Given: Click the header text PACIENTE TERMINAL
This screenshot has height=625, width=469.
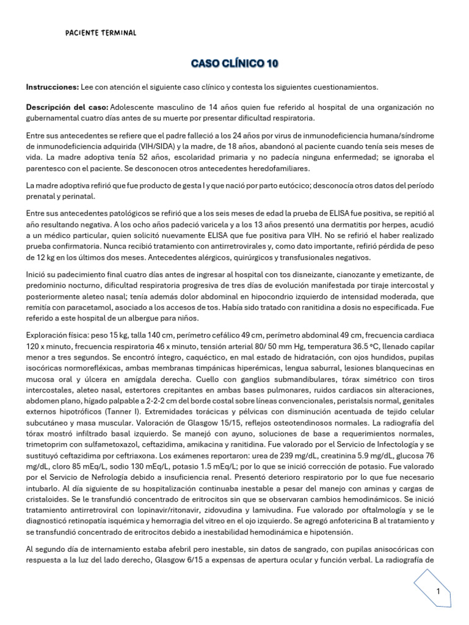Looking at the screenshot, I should (101, 32).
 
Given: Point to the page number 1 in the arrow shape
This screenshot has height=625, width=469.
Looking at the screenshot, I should (438, 592).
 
